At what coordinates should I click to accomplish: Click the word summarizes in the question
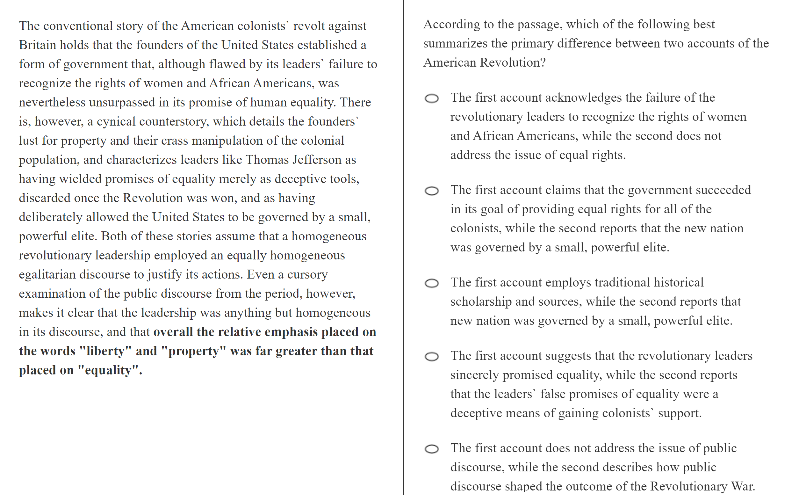click(455, 44)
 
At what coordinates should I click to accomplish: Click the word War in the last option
click(743, 487)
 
